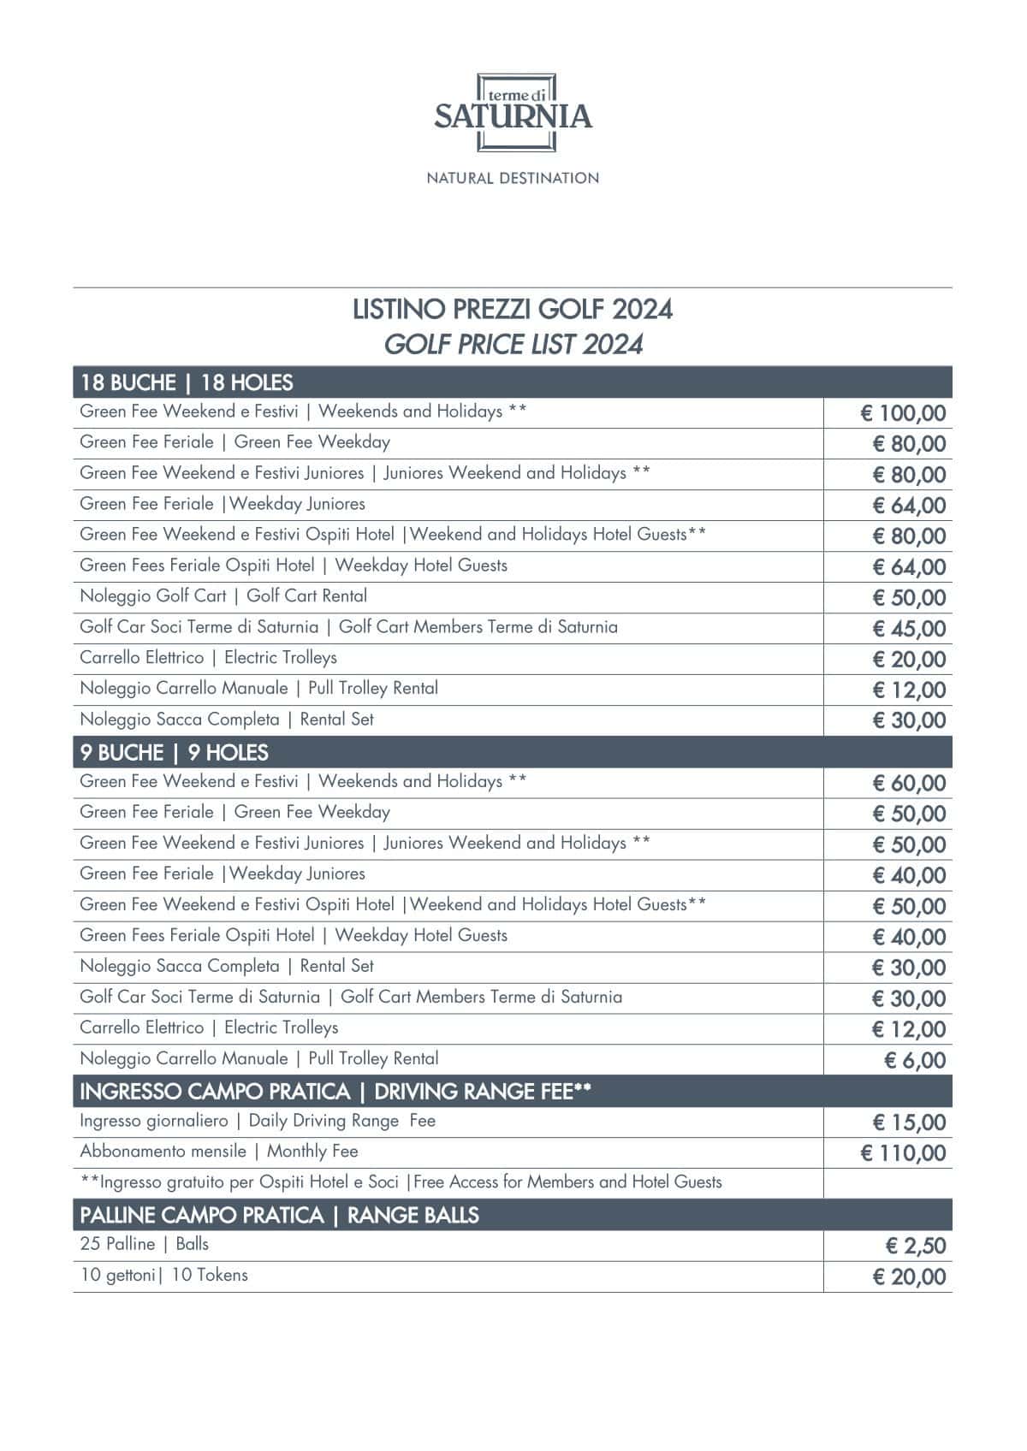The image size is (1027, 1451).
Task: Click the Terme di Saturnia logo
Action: pyautogui.click(x=513, y=113)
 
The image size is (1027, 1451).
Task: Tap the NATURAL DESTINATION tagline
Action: pyautogui.click(x=513, y=178)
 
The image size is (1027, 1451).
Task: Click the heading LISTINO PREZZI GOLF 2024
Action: pyautogui.click(x=513, y=309)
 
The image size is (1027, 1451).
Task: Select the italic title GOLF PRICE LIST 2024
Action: pyautogui.click(x=513, y=344)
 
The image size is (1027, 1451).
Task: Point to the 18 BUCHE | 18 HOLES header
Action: pyautogui.click(x=187, y=382)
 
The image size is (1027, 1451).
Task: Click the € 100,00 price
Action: pyautogui.click(x=903, y=414)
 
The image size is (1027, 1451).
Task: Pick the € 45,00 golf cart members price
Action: pyautogui.click(x=909, y=629)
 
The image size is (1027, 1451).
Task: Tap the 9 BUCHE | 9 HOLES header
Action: pyautogui.click(x=175, y=753)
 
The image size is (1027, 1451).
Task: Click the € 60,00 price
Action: pyautogui.click(x=909, y=784)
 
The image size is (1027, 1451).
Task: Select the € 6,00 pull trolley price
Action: pyautogui.click(x=914, y=1061)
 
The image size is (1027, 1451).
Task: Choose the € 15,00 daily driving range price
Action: pyautogui.click(x=909, y=1122)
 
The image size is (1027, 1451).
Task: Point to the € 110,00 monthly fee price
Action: pyautogui.click(x=903, y=1153)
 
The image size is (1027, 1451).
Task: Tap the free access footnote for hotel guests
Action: pyautogui.click(x=401, y=1182)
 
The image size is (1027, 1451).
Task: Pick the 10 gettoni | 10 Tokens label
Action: pyautogui.click(x=164, y=1275)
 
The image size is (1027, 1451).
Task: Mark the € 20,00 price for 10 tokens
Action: pyautogui.click(x=909, y=1277)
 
